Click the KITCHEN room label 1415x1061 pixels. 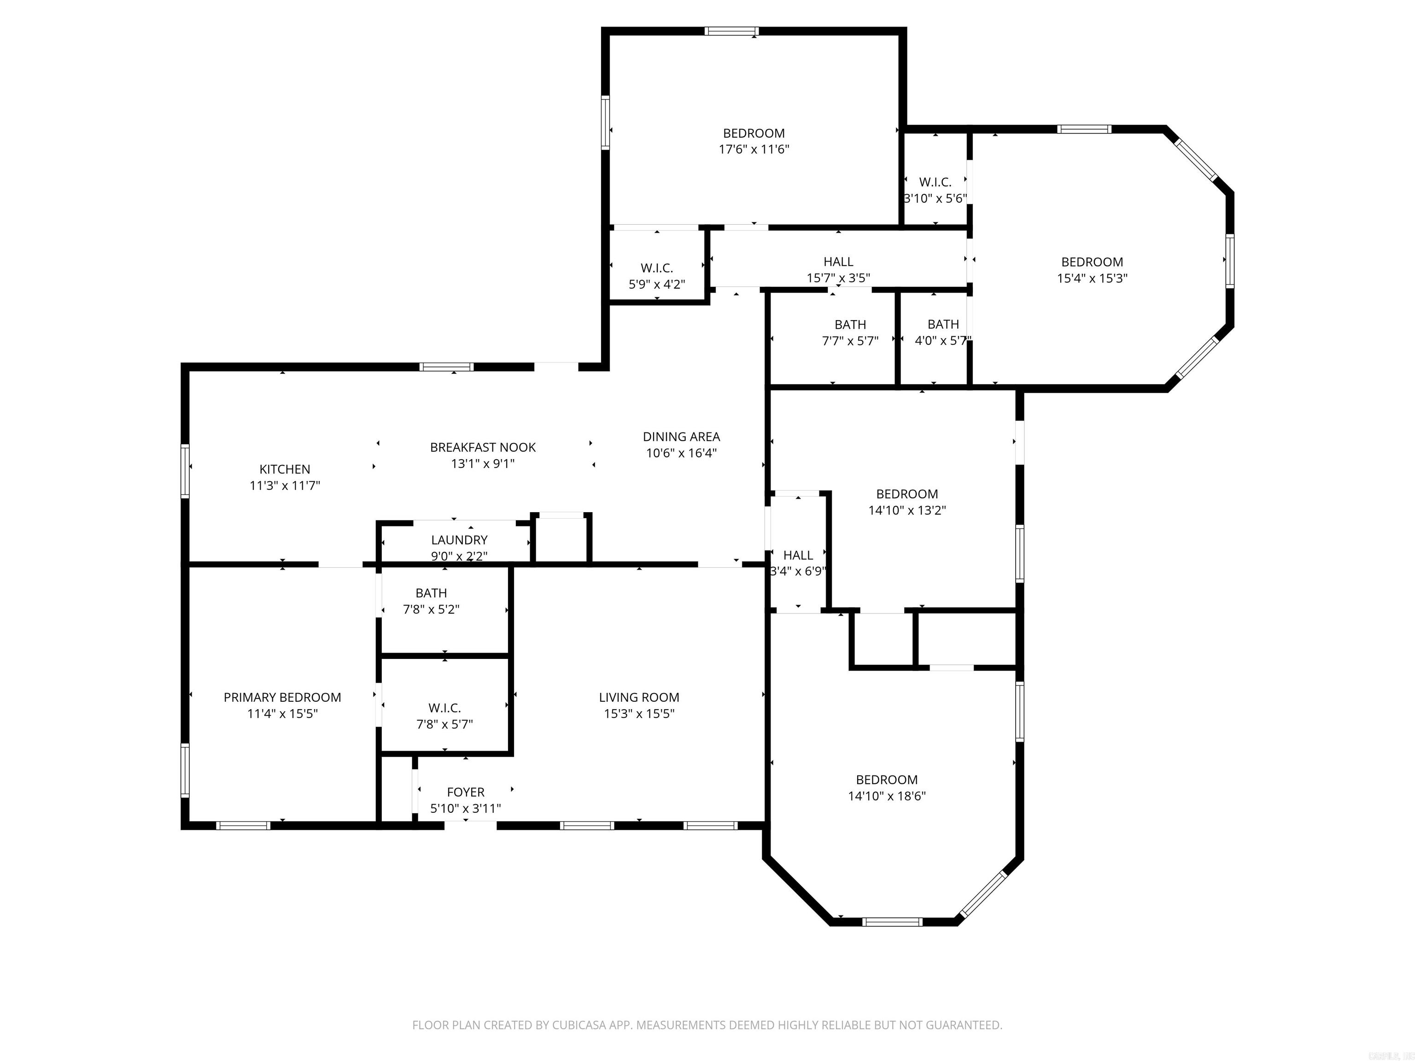tap(285, 469)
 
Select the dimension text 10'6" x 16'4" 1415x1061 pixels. tap(681, 453)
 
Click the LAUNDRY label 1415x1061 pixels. tap(459, 540)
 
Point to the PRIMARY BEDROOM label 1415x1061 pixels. tap(282, 697)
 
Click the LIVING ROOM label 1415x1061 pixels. tap(638, 697)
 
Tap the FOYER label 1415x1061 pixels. tap(465, 792)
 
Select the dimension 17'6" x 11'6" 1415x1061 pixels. tap(754, 149)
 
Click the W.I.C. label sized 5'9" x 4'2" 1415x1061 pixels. tap(656, 268)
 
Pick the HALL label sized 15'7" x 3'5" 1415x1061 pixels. tap(838, 262)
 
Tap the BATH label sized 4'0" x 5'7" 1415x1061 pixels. tap(942, 324)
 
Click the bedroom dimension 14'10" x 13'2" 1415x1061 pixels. tap(906, 510)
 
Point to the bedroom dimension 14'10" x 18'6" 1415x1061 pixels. tap(887, 796)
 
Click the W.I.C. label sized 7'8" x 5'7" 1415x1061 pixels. tap(444, 708)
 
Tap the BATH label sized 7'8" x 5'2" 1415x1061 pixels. tap(431, 593)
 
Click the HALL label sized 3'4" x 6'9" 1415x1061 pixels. tap(798, 555)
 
